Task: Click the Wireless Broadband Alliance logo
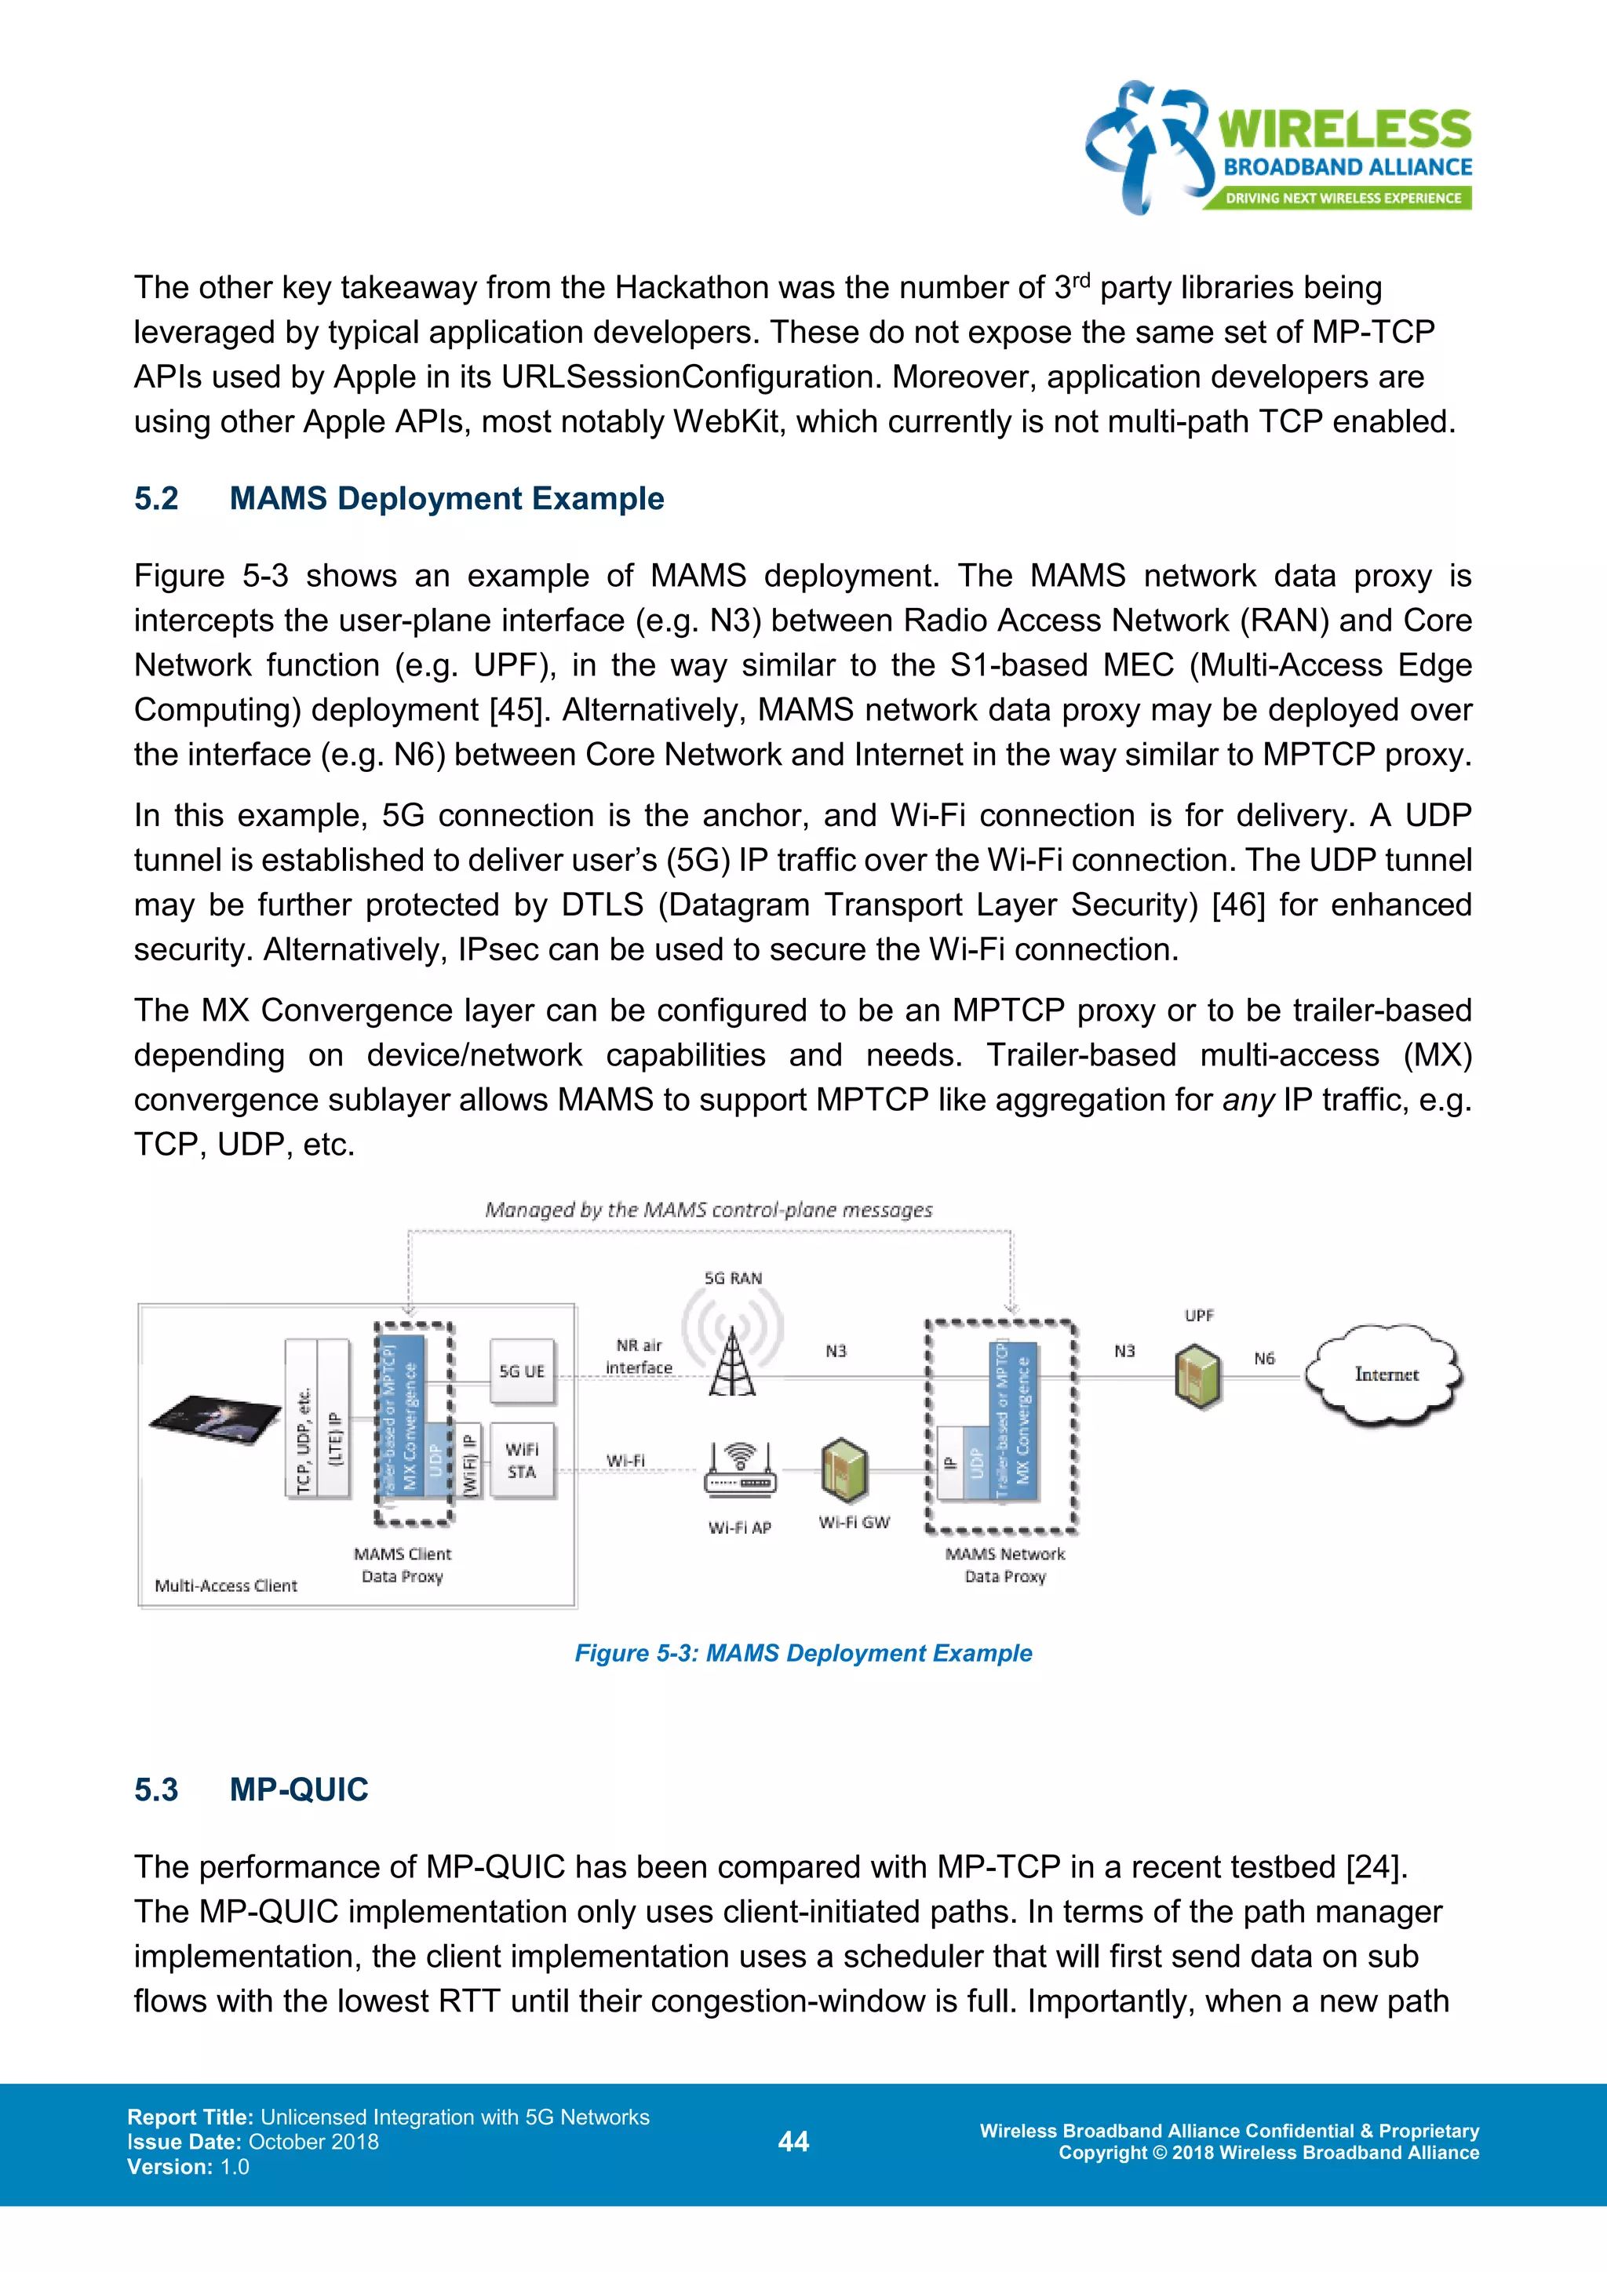pos(1278,148)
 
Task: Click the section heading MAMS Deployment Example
pos(446,499)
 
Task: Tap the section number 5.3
pos(156,1789)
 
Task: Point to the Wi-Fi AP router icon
pos(740,1472)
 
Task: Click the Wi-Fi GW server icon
pos(844,1469)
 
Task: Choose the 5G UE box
pos(522,1371)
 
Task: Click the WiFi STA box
pos(522,1461)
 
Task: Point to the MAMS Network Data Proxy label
pos(1004,1565)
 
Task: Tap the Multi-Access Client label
pos(226,1586)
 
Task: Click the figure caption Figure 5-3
pos(803,1654)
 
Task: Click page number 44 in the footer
pos(793,2142)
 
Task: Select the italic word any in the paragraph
pos(1248,1101)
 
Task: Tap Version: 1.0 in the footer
pos(188,2167)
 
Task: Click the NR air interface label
pos(640,1356)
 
